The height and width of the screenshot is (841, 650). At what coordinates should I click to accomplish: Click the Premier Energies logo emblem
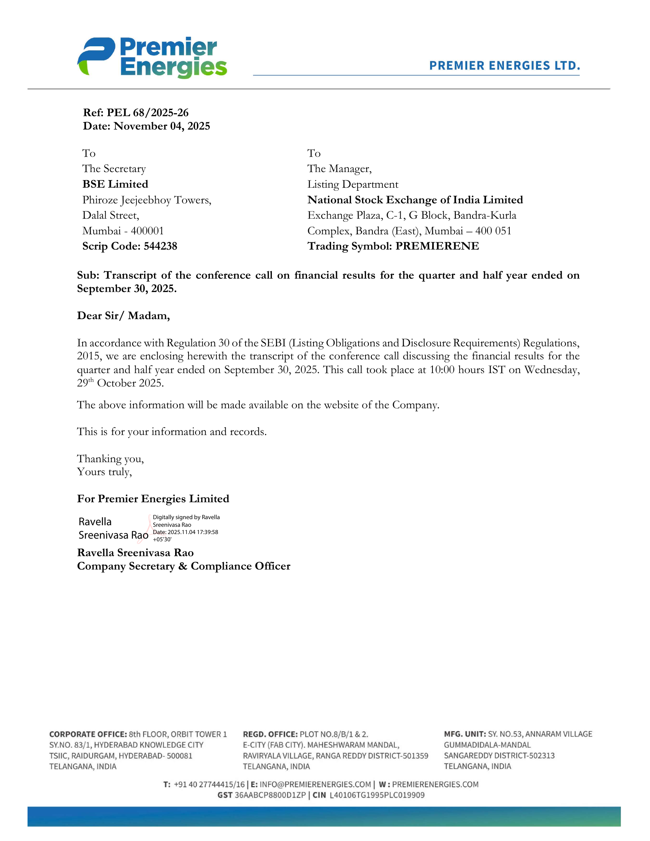tap(96, 56)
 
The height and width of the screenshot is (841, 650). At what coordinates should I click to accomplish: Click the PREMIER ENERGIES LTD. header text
tap(504, 66)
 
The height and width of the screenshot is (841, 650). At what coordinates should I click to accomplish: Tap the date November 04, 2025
tap(162, 126)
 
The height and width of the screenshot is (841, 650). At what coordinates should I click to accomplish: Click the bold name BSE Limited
tap(115, 184)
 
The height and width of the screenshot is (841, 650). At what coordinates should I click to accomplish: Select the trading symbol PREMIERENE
tap(437, 246)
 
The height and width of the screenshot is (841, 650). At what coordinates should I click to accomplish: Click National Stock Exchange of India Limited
tap(415, 200)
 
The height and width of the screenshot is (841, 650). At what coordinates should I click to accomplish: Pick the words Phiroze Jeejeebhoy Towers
tap(146, 200)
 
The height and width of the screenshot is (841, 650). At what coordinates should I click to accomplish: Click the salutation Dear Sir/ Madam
tap(123, 316)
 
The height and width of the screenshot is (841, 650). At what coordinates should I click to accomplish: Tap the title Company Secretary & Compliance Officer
tap(184, 566)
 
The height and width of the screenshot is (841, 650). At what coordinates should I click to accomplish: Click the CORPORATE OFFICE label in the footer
tap(88, 734)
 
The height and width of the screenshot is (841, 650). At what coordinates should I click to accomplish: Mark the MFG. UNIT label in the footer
tap(465, 734)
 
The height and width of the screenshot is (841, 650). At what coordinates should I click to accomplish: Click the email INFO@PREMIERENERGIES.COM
tap(315, 784)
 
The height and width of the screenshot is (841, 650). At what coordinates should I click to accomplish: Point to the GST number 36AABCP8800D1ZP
tap(270, 795)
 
